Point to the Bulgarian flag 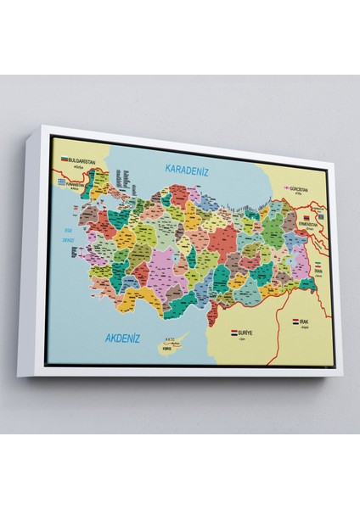pos(62,158)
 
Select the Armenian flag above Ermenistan pos(306,219)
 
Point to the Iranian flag pos(317,265)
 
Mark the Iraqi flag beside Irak pos(295,322)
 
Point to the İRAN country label pos(318,271)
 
